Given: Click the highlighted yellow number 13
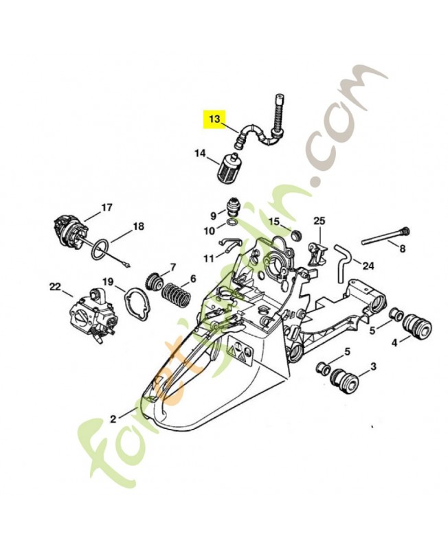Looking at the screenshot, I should [x=214, y=119].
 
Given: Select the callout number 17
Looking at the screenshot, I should [x=107, y=207].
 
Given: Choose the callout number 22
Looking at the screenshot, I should [x=56, y=285].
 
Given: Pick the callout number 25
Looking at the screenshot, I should [x=319, y=220].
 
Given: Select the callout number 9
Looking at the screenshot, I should [x=213, y=215].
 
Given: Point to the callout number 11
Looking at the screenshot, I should [x=208, y=258].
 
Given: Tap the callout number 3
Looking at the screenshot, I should [x=373, y=366].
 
